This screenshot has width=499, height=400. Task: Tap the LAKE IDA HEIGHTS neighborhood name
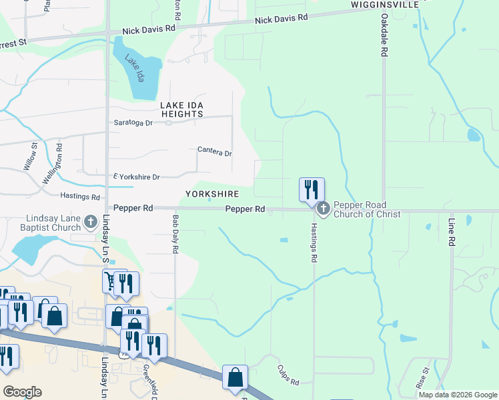pyautogui.click(x=181, y=110)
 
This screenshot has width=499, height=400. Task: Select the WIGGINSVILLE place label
pyautogui.click(x=384, y=5)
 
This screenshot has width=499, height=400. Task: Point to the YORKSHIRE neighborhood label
pyautogui.click(x=211, y=194)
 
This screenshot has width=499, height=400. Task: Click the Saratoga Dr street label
pyautogui.click(x=133, y=123)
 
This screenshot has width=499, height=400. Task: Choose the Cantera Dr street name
pyautogui.click(x=214, y=152)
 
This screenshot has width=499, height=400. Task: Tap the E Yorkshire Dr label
pyautogui.click(x=137, y=177)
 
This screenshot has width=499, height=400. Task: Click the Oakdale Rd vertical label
pyautogui.click(x=385, y=37)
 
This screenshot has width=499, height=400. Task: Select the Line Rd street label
pyautogui.click(x=452, y=230)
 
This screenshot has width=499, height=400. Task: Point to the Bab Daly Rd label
pyautogui.click(x=175, y=234)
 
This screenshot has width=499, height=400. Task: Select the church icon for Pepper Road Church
pyautogui.click(x=323, y=209)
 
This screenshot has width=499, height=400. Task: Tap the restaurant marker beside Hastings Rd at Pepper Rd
pyautogui.click(x=311, y=189)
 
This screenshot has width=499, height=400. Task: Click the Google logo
pyautogui.click(x=23, y=391)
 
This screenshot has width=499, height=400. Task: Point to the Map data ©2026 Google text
pyautogui.click(x=458, y=395)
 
